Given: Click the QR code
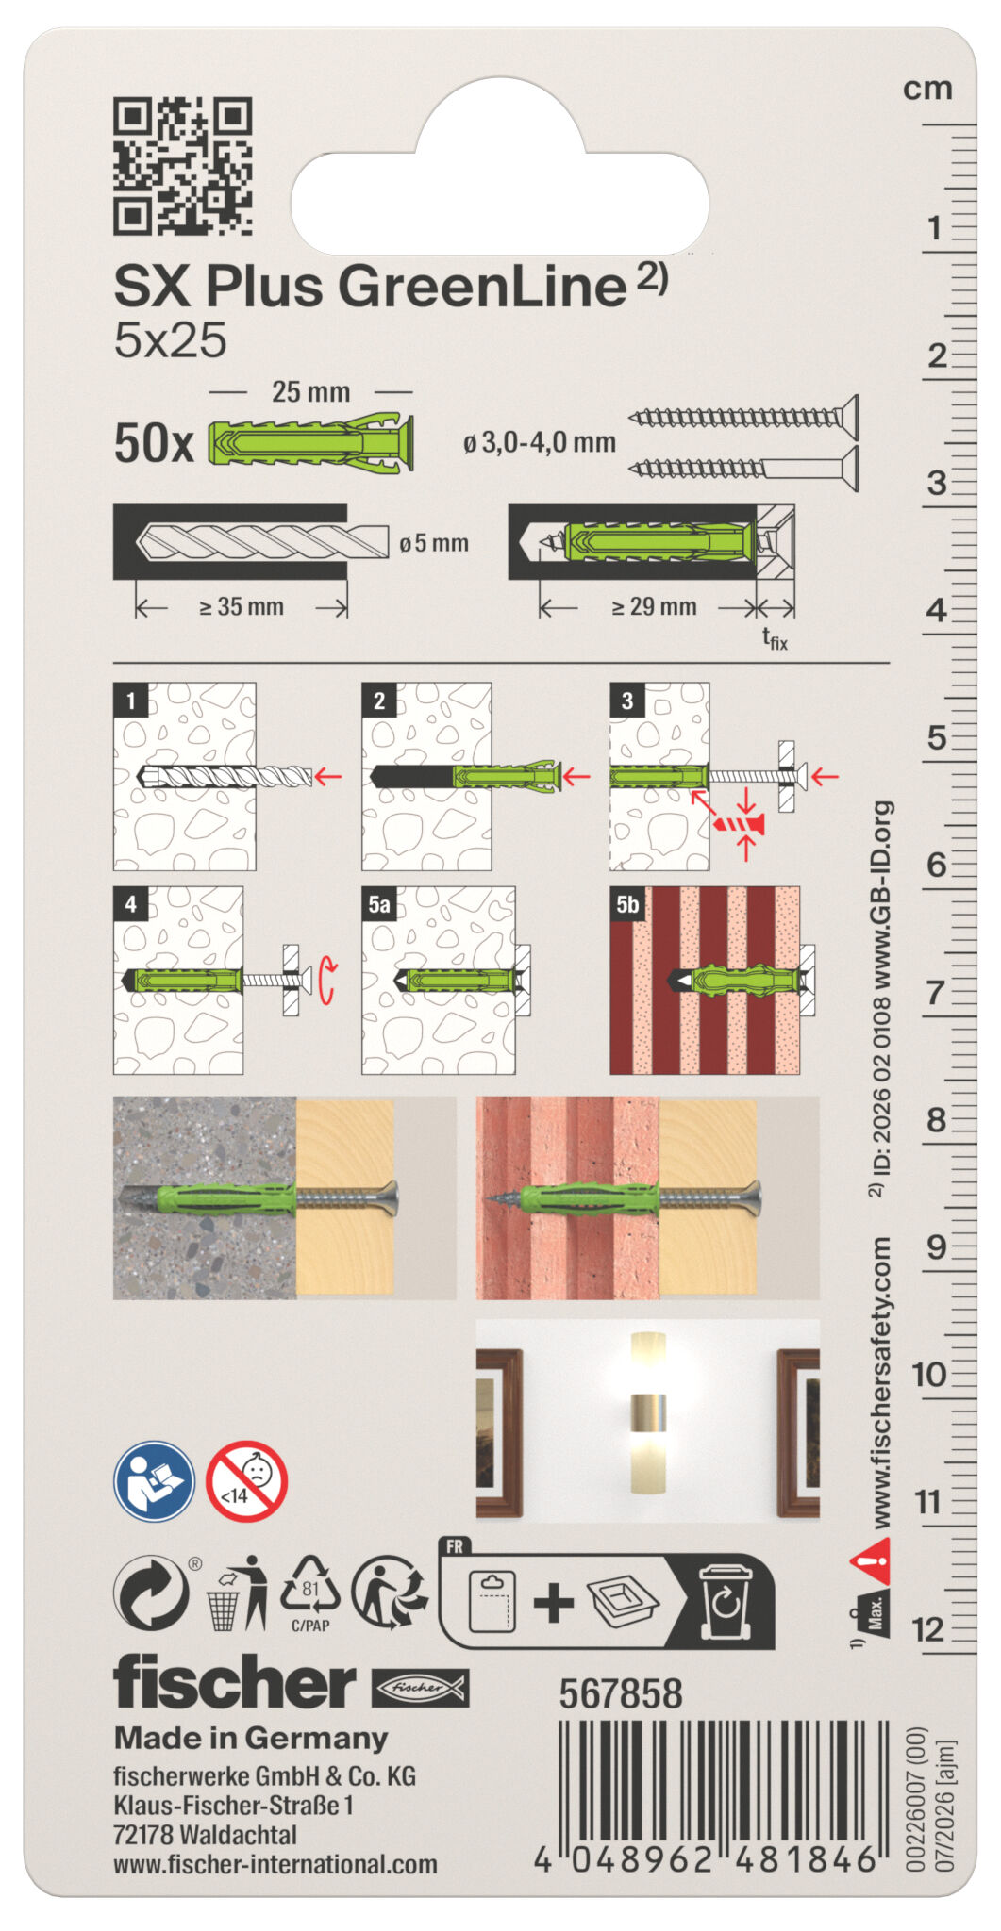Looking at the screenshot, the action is [x=182, y=166].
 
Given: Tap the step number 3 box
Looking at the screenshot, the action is [x=627, y=701].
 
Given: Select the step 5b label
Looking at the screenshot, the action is [x=627, y=904].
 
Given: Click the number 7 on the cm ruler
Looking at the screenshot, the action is [x=935, y=993].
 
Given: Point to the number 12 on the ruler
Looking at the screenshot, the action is [x=928, y=1629].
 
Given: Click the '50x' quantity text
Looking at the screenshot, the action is [x=154, y=443].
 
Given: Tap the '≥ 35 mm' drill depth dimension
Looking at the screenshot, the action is [x=242, y=607].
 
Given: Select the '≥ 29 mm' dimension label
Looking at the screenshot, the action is [x=654, y=607].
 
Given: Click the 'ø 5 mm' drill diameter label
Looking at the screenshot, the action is [x=434, y=543].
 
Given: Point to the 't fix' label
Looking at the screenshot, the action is [x=775, y=639].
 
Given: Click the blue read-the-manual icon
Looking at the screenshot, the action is [x=154, y=1481].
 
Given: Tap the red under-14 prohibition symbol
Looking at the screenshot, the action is [x=246, y=1481].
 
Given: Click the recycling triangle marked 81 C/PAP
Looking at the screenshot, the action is [x=310, y=1593].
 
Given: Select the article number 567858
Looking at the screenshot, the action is [x=621, y=1694].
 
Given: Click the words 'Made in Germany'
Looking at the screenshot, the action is [x=251, y=1738].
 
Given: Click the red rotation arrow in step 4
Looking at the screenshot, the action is [x=327, y=981].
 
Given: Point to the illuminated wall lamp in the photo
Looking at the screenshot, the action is [x=648, y=1411].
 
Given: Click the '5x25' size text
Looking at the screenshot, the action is [x=171, y=340].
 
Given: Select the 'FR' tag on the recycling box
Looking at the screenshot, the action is [x=455, y=1546].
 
